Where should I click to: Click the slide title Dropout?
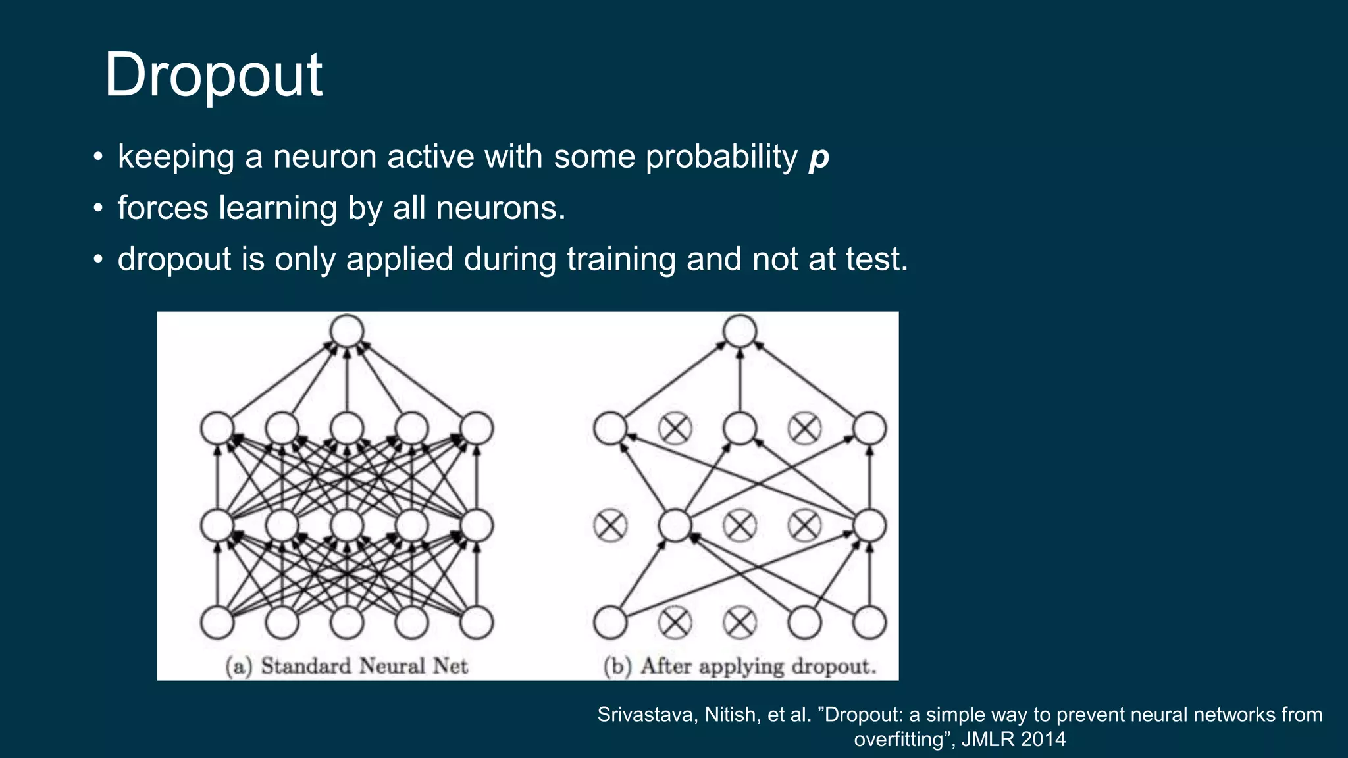(213, 75)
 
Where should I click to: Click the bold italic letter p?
(819, 158)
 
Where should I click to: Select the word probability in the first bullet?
(721, 158)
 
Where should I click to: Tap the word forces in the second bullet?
(163, 209)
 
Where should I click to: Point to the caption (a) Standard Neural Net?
(347, 666)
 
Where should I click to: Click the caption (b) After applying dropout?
(740, 666)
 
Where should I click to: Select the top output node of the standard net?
(347, 330)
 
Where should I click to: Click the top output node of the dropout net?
(740, 330)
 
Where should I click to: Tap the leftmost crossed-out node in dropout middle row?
(610, 526)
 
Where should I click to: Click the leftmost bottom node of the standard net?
(217, 622)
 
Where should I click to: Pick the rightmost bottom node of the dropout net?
(869, 622)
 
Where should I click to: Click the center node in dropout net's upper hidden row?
(740, 428)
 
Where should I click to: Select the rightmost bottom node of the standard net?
(477, 622)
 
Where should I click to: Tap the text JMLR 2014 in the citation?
(1013, 739)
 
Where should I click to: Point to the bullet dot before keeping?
(98, 158)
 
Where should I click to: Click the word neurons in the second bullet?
(500, 209)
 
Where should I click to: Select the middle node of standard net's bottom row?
(347, 622)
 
